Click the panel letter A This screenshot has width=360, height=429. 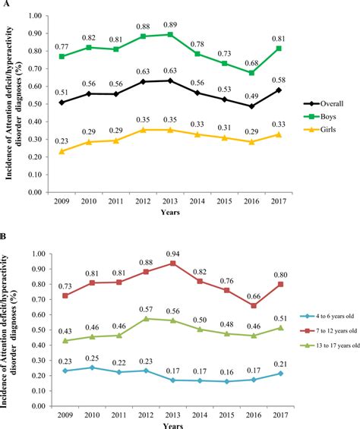pyautogui.click(x=5, y=5)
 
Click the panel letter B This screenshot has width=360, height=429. pyautogui.click(x=5, y=226)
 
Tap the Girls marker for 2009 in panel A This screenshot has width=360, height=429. pyautogui.click(x=62, y=151)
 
